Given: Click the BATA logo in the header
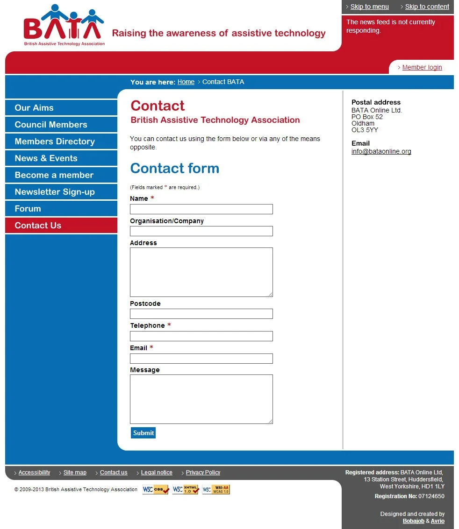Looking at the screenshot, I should [64, 26].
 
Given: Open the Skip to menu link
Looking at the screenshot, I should [369, 7].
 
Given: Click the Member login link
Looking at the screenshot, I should [422, 67].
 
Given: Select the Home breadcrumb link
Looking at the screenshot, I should [186, 82].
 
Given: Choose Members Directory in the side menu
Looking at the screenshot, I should [55, 141].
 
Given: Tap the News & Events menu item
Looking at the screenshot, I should [46, 158].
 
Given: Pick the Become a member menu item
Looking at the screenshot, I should [54, 175].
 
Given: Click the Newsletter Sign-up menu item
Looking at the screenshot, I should [55, 192].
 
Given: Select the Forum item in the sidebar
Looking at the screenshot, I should [28, 209].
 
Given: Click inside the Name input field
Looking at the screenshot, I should [201, 209].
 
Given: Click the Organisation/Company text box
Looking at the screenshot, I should [201, 231].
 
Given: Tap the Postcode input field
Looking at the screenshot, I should [201, 314].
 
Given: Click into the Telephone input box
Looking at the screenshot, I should [201, 336].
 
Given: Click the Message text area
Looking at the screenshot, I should [201, 399].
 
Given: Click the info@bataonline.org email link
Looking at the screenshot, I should [381, 151].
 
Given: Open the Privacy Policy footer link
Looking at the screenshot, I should [203, 473].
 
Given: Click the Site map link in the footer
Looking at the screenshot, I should [75, 473].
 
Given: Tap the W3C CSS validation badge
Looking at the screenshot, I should [156, 490].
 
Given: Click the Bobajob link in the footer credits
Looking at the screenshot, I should [413, 521].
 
